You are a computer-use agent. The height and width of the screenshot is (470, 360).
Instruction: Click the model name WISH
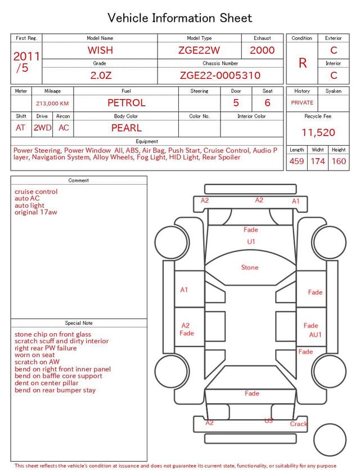[x=100, y=50]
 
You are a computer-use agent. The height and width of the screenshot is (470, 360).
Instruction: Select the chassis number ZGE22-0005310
[x=220, y=75]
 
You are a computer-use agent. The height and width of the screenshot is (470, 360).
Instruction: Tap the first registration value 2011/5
[x=26, y=62]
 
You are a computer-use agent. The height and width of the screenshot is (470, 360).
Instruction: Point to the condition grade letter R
[x=303, y=63]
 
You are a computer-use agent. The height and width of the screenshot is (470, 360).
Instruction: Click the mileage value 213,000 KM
[x=52, y=104]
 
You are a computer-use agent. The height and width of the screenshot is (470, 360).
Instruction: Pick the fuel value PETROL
[x=127, y=103]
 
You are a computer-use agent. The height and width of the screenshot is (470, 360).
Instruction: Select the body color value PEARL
[x=127, y=128]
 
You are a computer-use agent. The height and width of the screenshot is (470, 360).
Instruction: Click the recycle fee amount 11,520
[x=318, y=132]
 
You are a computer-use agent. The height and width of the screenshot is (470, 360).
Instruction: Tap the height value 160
[x=339, y=161]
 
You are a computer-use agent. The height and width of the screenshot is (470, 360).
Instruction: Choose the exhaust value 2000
[x=262, y=50]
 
